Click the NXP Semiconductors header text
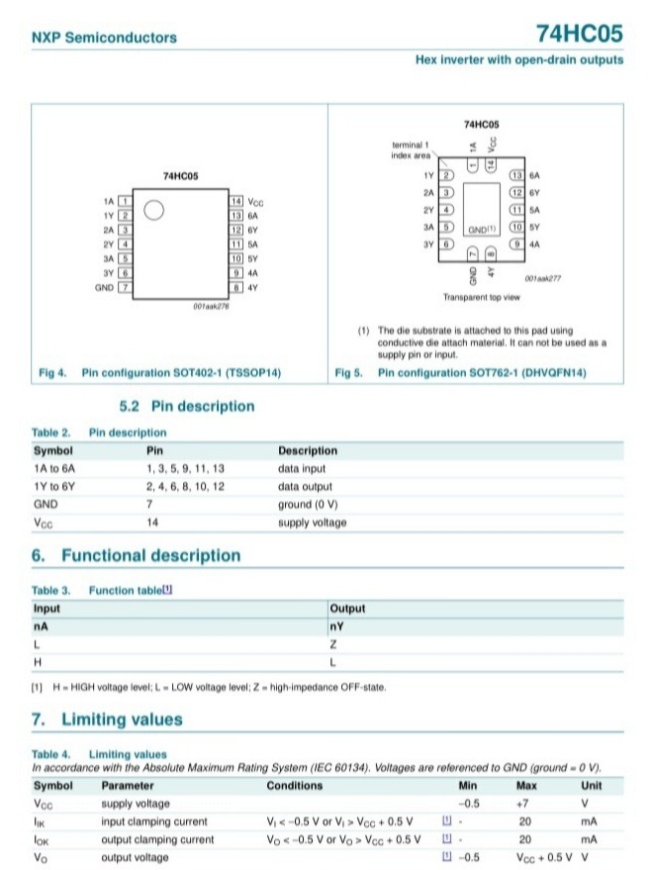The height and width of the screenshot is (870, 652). click(105, 38)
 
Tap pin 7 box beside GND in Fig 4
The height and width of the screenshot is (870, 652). click(126, 287)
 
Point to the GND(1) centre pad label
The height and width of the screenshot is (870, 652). click(482, 228)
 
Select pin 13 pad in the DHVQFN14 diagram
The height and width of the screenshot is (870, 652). click(515, 175)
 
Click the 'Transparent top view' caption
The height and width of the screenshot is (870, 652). click(482, 296)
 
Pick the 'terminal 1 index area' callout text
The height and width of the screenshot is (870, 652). click(412, 149)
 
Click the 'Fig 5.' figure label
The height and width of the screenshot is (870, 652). click(350, 373)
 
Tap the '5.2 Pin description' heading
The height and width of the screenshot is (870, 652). click(186, 406)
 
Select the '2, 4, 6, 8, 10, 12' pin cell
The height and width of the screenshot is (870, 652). click(185, 487)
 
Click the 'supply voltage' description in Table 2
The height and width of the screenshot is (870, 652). click(313, 523)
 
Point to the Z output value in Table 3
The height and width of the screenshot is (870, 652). click(333, 644)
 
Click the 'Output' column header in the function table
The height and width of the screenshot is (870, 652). click(347, 609)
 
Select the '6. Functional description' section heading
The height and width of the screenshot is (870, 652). click(137, 556)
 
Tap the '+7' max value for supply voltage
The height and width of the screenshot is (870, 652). click(526, 804)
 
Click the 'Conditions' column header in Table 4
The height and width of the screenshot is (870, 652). click(294, 786)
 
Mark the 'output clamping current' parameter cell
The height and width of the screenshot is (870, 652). click(157, 839)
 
